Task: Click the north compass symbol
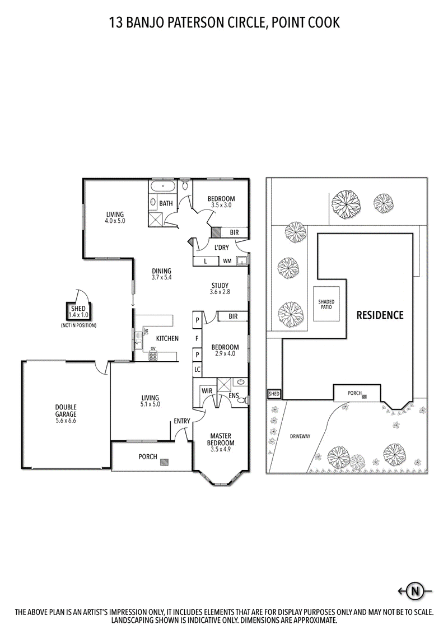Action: click(x=414, y=591)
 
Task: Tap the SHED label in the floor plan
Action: click(x=78, y=309)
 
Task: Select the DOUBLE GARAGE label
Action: click(x=66, y=411)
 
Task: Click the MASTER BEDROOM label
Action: click(x=221, y=439)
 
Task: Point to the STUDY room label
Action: click(x=220, y=286)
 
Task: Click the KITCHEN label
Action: click(x=167, y=338)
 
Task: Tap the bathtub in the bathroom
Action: click(x=164, y=187)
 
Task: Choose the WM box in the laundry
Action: click(x=227, y=261)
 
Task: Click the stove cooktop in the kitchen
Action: click(x=153, y=356)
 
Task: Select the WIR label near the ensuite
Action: click(x=207, y=391)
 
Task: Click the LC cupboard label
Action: click(x=197, y=369)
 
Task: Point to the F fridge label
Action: click(x=197, y=338)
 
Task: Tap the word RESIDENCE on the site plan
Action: click(x=380, y=315)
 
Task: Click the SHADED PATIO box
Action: click(x=326, y=304)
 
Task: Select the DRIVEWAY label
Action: click(x=300, y=436)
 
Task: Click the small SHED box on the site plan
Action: click(x=274, y=394)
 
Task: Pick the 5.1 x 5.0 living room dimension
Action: click(x=150, y=404)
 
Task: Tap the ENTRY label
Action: click(x=182, y=421)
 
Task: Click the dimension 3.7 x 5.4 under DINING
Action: click(x=161, y=277)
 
